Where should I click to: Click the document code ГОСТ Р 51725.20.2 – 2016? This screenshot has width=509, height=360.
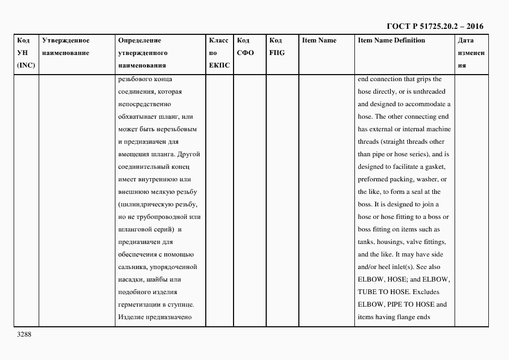[434, 26]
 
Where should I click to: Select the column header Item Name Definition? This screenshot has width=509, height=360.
[391, 40]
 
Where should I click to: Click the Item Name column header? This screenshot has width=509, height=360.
[319, 40]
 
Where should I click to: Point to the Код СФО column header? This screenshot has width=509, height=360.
[246, 47]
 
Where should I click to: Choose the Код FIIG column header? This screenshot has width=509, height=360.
[277, 47]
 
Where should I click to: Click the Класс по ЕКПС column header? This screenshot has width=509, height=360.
[219, 53]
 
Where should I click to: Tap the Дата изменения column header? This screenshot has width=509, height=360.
[471, 53]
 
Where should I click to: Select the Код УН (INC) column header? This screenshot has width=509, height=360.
[24, 53]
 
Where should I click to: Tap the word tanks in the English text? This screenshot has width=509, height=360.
[366, 242]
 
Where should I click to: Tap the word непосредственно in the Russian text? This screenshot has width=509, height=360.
[144, 104]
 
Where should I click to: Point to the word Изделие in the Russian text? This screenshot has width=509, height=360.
[131, 317]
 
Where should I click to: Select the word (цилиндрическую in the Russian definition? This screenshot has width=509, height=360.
[145, 204]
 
